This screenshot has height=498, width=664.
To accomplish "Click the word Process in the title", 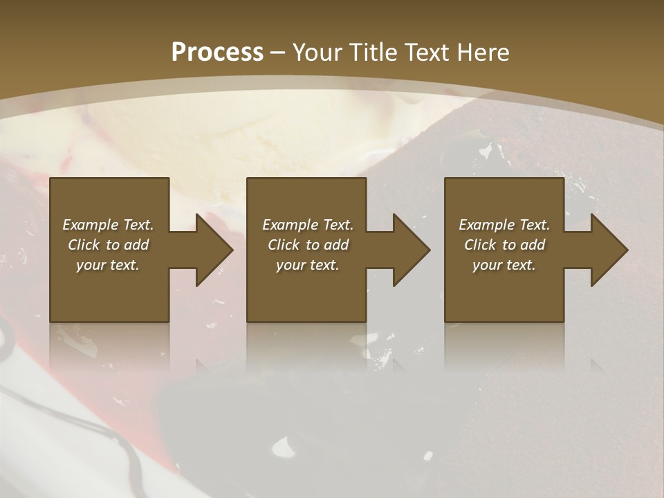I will (217, 53).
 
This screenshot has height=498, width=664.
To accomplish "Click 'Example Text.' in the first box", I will (108, 225).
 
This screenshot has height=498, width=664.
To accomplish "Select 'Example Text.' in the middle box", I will (308, 225).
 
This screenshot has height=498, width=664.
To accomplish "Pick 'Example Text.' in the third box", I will (504, 225).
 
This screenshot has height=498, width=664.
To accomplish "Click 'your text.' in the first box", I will (108, 265).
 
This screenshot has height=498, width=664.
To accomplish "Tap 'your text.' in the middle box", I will (308, 265).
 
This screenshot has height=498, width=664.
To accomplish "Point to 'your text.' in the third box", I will (504, 265).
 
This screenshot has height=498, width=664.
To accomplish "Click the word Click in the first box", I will (84, 245).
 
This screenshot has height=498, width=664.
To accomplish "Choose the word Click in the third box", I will (481, 245).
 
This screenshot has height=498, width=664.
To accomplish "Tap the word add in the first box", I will (137, 245).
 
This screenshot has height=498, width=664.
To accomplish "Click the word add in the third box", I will (533, 245).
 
